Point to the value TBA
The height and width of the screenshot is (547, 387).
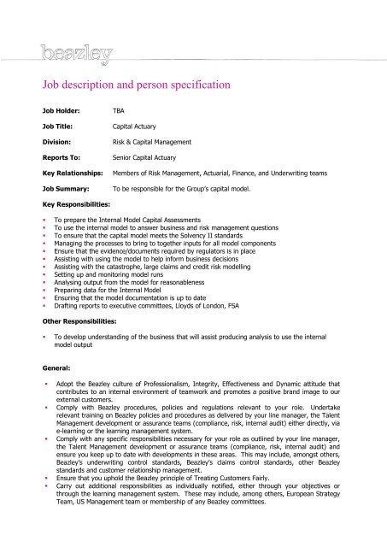(120, 111)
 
